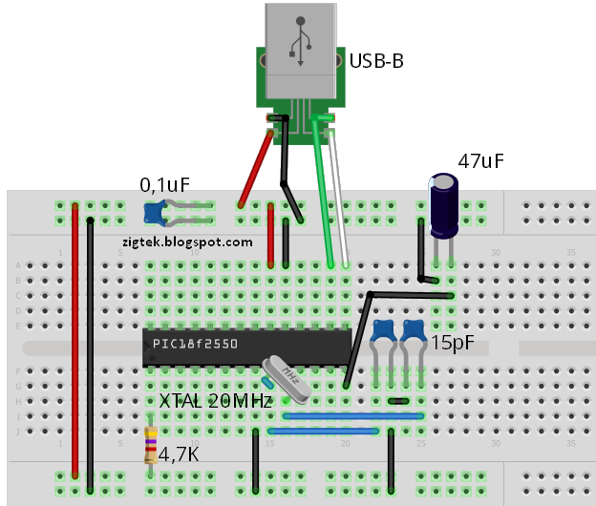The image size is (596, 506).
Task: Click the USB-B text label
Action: (x=376, y=62)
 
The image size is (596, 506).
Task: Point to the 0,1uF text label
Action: (x=165, y=183)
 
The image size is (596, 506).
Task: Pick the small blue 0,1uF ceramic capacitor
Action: (x=152, y=212)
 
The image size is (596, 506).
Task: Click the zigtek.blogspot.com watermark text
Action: (x=187, y=242)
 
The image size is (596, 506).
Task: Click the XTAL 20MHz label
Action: (x=216, y=401)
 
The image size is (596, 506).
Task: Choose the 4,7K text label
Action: (x=180, y=454)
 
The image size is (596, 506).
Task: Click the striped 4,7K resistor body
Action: (x=151, y=446)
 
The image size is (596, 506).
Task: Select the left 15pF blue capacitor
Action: (x=384, y=332)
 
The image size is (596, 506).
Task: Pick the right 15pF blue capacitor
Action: (x=415, y=332)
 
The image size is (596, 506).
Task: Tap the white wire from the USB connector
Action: (x=338, y=191)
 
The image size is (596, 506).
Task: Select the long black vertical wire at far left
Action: (x=91, y=344)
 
